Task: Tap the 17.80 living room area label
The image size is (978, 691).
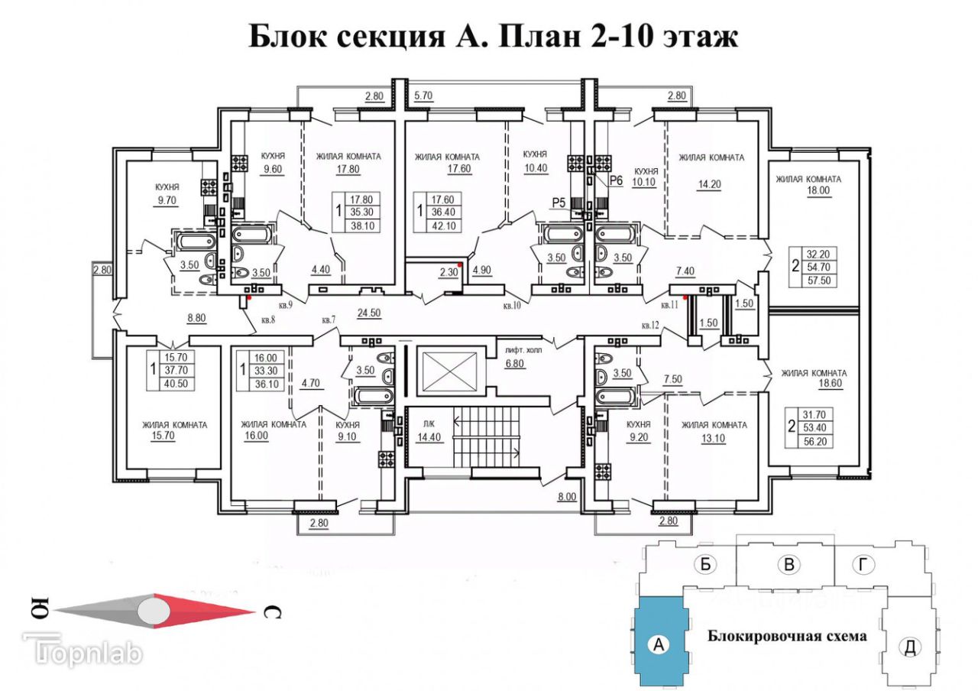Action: click(x=348, y=171)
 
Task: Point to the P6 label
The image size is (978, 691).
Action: click(x=617, y=180)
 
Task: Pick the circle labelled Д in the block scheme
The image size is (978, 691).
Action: click(x=909, y=647)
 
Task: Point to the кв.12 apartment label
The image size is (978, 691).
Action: click(x=651, y=326)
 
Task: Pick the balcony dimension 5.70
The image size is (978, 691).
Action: click(x=423, y=96)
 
